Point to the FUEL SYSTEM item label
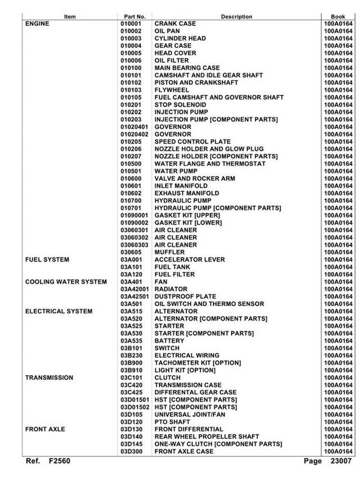point(46,259)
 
